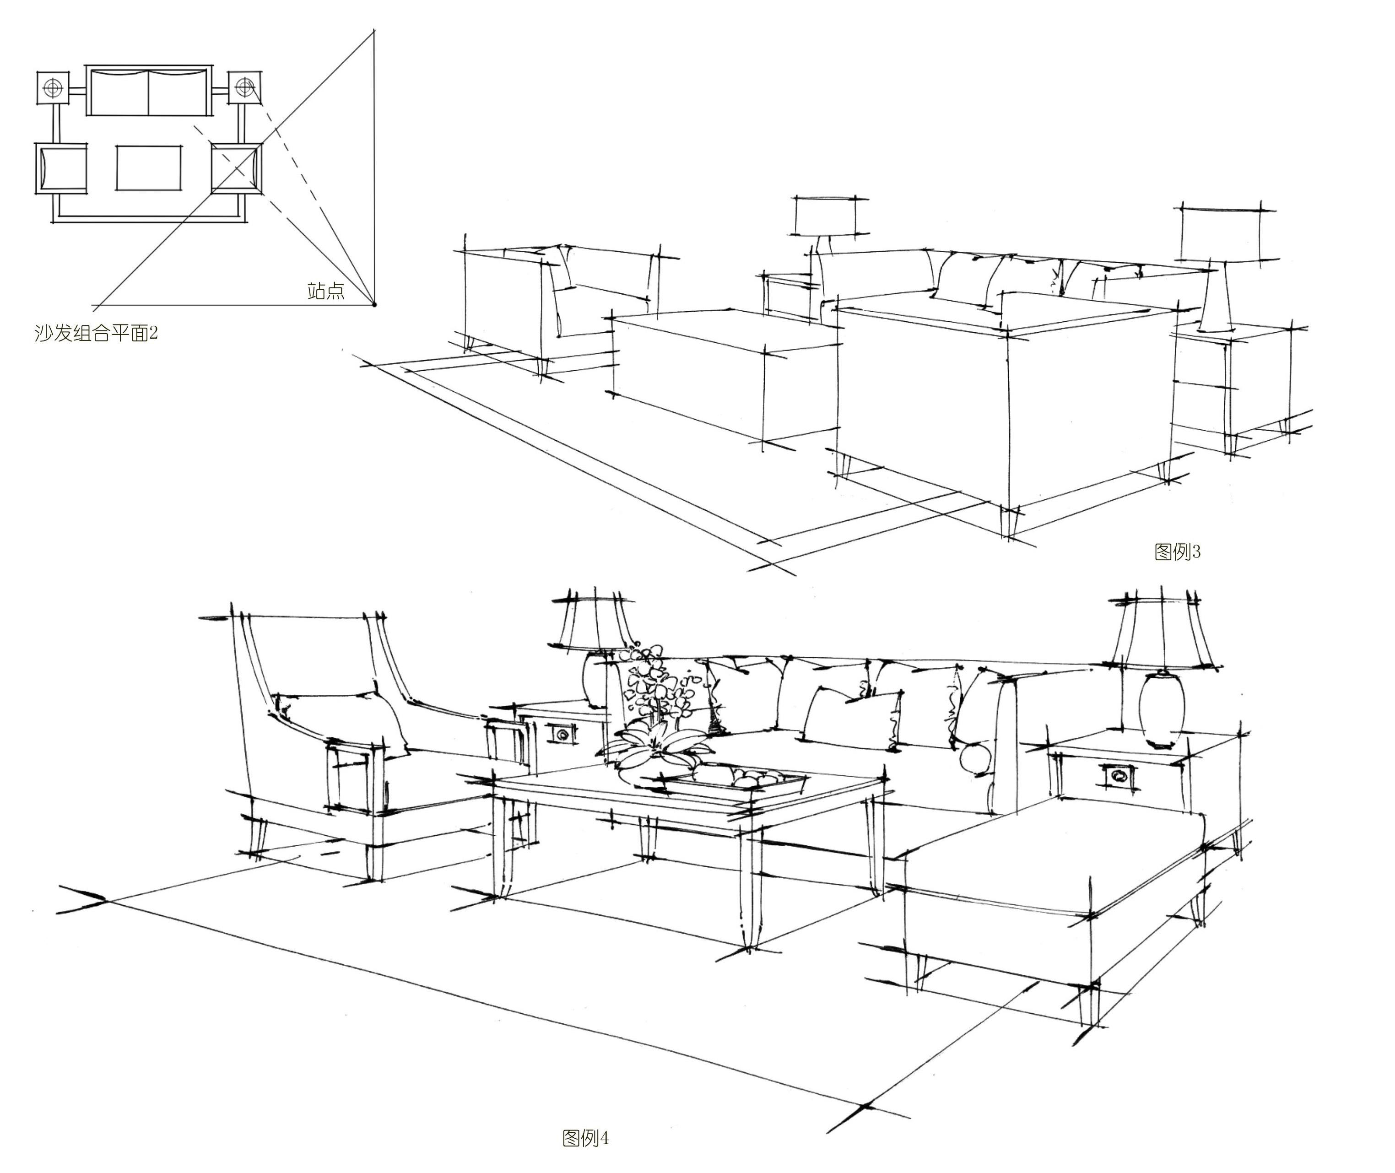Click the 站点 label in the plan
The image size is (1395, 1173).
[x=326, y=291]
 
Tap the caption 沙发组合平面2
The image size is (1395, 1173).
[x=96, y=332]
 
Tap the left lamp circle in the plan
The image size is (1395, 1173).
[x=53, y=87]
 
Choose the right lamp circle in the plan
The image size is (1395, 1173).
[x=245, y=86]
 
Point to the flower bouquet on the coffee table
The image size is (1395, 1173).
[x=655, y=712]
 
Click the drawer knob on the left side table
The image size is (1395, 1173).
[x=562, y=734]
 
